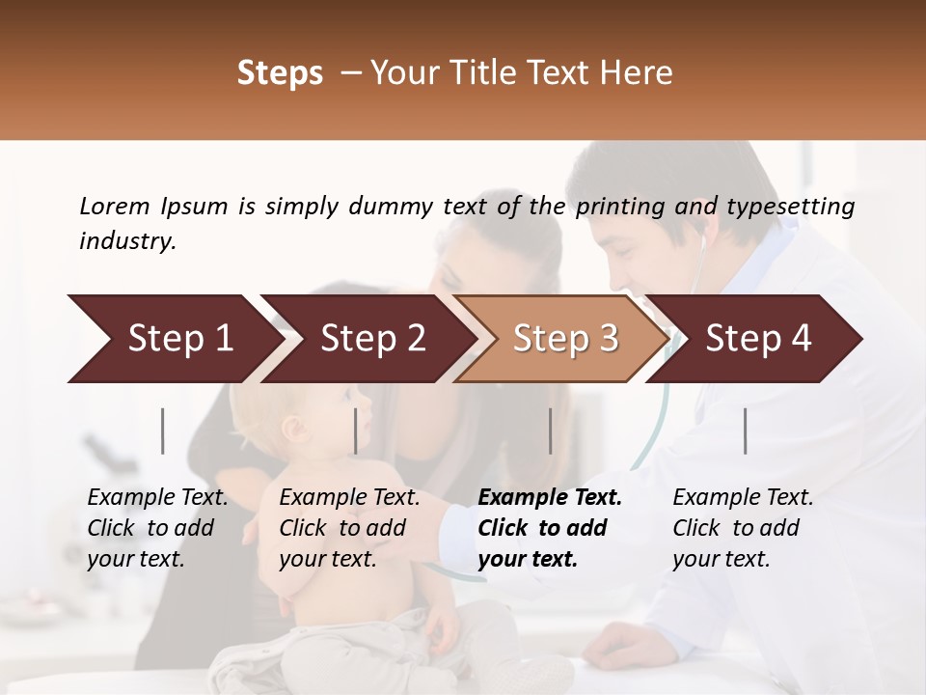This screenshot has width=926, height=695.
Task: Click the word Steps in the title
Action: click(x=280, y=73)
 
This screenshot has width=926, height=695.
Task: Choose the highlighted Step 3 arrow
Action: click(x=564, y=339)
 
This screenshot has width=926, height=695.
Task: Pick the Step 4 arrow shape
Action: click(x=757, y=339)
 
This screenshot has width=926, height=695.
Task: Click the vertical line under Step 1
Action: click(x=163, y=431)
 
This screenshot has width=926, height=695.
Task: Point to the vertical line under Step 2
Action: click(x=356, y=431)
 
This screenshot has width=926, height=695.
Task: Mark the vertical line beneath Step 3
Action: click(x=550, y=431)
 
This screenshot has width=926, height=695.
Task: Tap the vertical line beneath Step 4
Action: click(x=745, y=431)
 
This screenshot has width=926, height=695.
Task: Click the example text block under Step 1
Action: click(x=157, y=528)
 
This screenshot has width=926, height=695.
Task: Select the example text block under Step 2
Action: click(x=349, y=528)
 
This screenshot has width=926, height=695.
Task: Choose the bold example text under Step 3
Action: click(x=550, y=528)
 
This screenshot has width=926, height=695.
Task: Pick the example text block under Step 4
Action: click(x=743, y=528)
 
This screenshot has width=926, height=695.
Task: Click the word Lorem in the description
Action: click(x=115, y=207)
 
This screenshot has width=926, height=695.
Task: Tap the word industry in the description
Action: click(x=127, y=241)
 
